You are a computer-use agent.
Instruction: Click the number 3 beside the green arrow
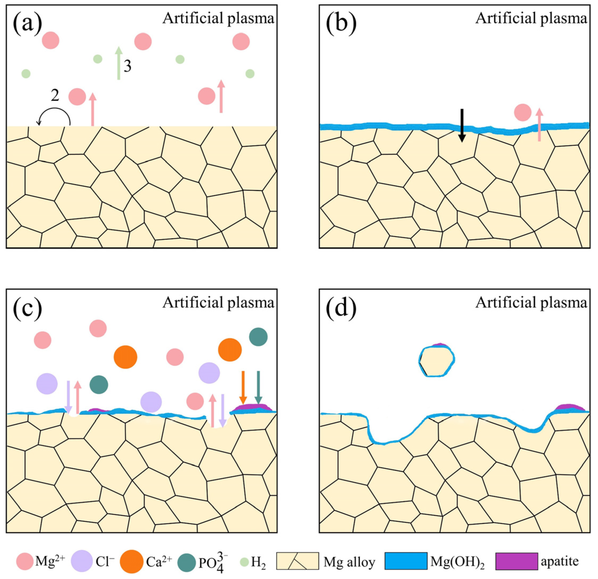click(128, 66)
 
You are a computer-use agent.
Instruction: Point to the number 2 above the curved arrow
click(55, 96)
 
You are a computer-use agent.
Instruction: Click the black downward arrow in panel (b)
click(462, 125)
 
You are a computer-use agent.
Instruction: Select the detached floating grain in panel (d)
click(437, 361)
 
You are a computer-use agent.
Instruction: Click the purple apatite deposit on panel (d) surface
click(568, 407)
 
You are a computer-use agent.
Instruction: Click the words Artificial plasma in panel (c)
click(218, 303)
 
